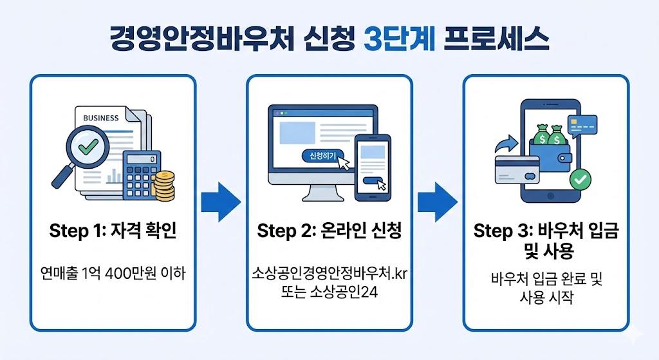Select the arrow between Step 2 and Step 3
click(x=438, y=202)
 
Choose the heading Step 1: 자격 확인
click(x=113, y=231)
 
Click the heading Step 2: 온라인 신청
click(x=329, y=231)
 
